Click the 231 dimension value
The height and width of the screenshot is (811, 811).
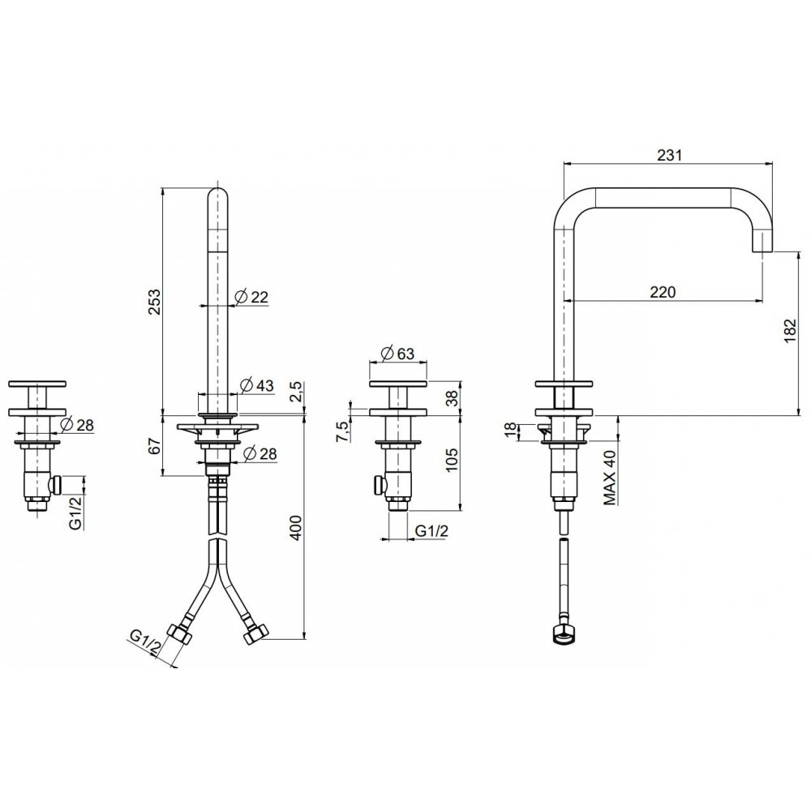click(x=670, y=155)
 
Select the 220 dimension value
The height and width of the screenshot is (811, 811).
click(x=663, y=292)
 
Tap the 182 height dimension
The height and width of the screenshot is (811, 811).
click(x=791, y=330)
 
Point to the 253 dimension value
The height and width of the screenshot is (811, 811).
click(x=154, y=302)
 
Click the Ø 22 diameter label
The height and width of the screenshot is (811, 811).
click(x=251, y=297)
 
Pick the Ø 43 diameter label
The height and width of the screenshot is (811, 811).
click(x=257, y=385)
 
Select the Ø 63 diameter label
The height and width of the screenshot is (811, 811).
click(x=397, y=354)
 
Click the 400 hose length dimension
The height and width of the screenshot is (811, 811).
click(x=295, y=527)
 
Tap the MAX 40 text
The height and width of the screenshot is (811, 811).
click(x=610, y=478)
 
